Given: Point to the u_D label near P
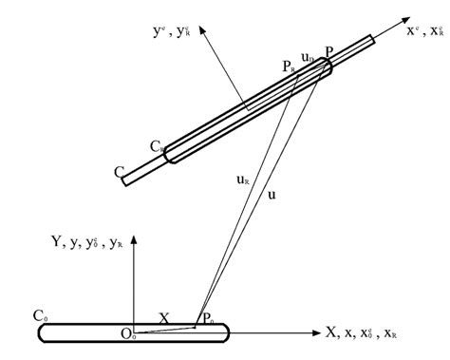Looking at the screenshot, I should (307, 59).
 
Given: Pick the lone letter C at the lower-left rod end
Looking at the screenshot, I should (119, 172).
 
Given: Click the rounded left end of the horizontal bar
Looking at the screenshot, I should (42, 332).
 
